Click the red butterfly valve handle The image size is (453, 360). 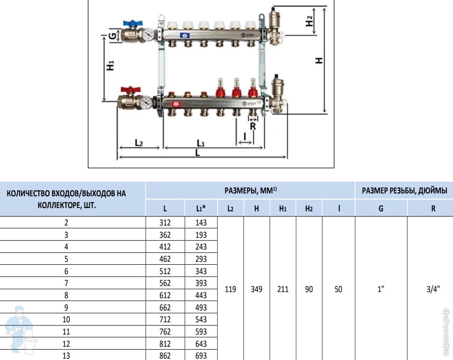pyautogui.click(x=131, y=90)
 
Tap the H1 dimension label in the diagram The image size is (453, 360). pyautogui.click(x=110, y=65)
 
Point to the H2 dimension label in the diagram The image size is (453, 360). pyautogui.click(x=309, y=21)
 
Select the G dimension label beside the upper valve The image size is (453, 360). pyautogui.click(x=112, y=36)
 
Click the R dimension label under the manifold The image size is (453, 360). pyautogui.click(x=253, y=126)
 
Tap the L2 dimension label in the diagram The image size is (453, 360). pyautogui.click(x=139, y=143)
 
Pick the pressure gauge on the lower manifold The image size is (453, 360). pyautogui.click(x=147, y=102)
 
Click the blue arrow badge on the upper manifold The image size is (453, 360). pyautogui.click(x=185, y=35)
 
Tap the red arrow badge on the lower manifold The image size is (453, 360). pyautogui.click(x=176, y=104)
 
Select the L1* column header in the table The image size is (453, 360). pyautogui.click(x=201, y=209)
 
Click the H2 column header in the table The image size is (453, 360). pyautogui.click(x=309, y=209)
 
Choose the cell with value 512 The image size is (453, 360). pyautogui.click(x=165, y=271)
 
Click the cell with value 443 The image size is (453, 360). pyautogui.click(x=201, y=295)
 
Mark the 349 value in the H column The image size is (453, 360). pyautogui.click(x=257, y=289)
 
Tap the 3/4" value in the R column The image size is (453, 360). pyautogui.click(x=433, y=289)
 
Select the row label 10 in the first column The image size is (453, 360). pyautogui.click(x=66, y=319)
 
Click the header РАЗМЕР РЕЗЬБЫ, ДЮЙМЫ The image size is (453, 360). pyautogui.click(x=404, y=191)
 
